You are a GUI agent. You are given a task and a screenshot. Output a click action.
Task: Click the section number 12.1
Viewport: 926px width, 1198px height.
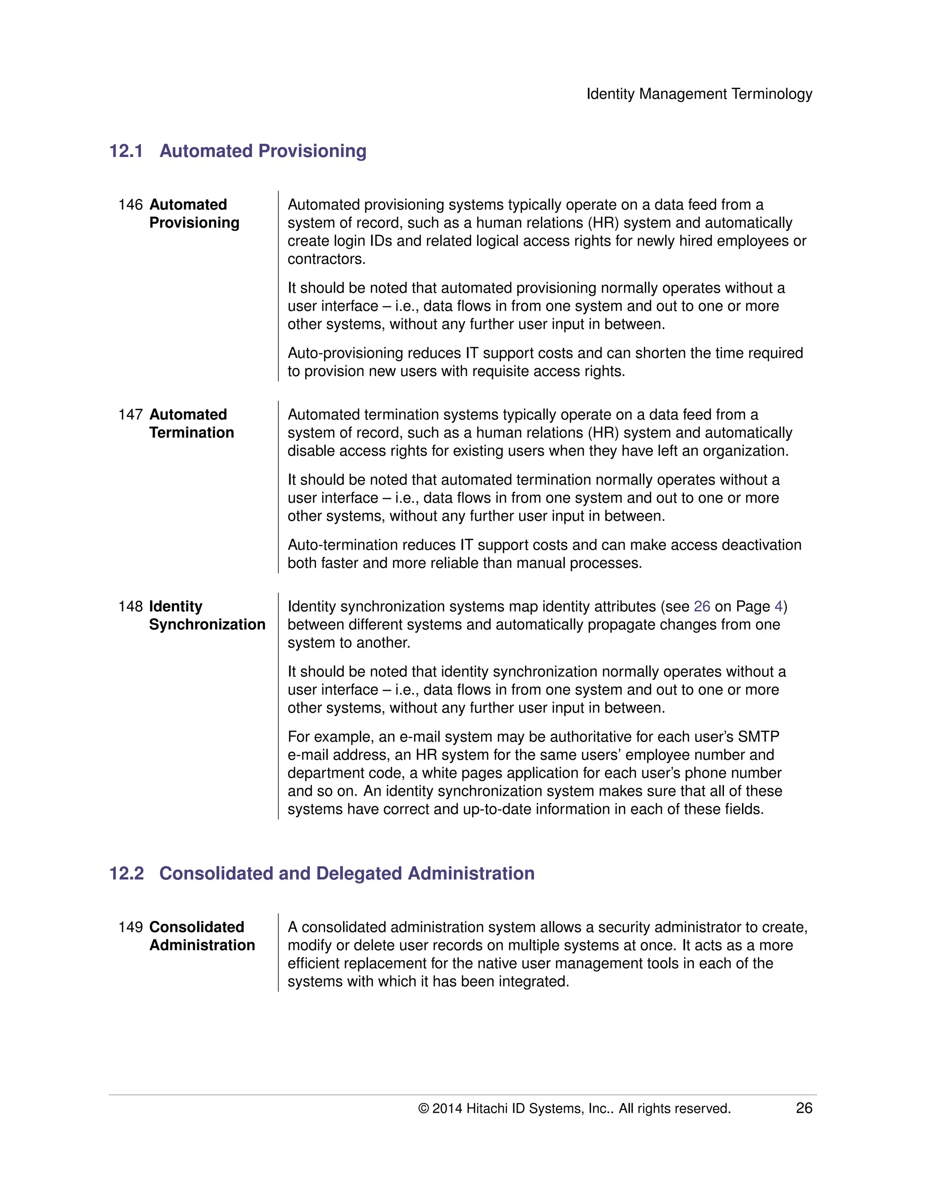click(x=126, y=151)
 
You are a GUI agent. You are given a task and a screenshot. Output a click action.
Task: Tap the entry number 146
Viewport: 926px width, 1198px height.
click(x=130, y=205)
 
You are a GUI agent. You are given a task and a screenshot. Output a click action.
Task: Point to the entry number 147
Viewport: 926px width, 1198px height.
click(x=130, y=414)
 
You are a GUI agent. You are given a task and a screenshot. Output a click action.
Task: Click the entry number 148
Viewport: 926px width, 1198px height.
click(x=130, y=606)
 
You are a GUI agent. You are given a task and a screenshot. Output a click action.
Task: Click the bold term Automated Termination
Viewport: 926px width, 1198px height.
click(x=191, y=424)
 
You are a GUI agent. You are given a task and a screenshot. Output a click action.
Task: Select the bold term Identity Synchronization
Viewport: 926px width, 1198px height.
click(x=206, y=615)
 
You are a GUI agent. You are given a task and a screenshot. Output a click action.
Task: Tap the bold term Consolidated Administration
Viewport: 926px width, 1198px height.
click(x=201, y=936)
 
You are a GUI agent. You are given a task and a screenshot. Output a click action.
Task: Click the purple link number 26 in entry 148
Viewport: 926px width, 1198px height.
click(x=702, y=606)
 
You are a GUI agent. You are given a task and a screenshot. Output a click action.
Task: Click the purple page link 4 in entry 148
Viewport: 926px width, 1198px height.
click(x=779, y=606)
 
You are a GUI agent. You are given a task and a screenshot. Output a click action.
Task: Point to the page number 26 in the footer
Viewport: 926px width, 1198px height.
click(x=803, y=1108)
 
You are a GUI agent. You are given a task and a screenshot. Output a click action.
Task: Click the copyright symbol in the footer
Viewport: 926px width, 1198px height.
click(x=424, y=1108)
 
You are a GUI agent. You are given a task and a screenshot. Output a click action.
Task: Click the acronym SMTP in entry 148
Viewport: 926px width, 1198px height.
click(x=758, y=737)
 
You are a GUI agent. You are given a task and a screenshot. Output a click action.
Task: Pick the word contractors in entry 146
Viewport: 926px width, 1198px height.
click(x=326, y=259)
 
